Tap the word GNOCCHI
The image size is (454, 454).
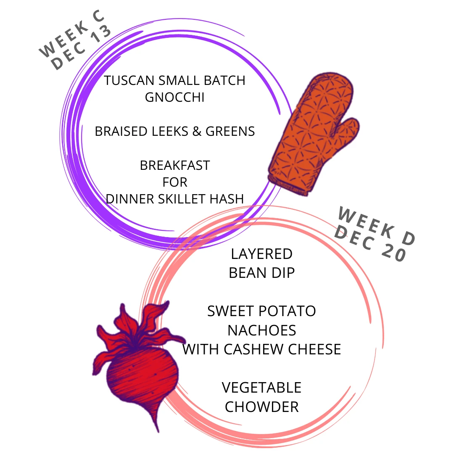click(174, 97)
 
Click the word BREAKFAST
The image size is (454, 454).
click(174, 165)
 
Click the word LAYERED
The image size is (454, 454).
click(261, 254)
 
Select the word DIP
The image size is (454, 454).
click(283, 273)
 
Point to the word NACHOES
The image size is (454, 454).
click(261, 330)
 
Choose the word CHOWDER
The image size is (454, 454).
click(261, 406)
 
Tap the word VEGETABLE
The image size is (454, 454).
click(261, 387)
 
